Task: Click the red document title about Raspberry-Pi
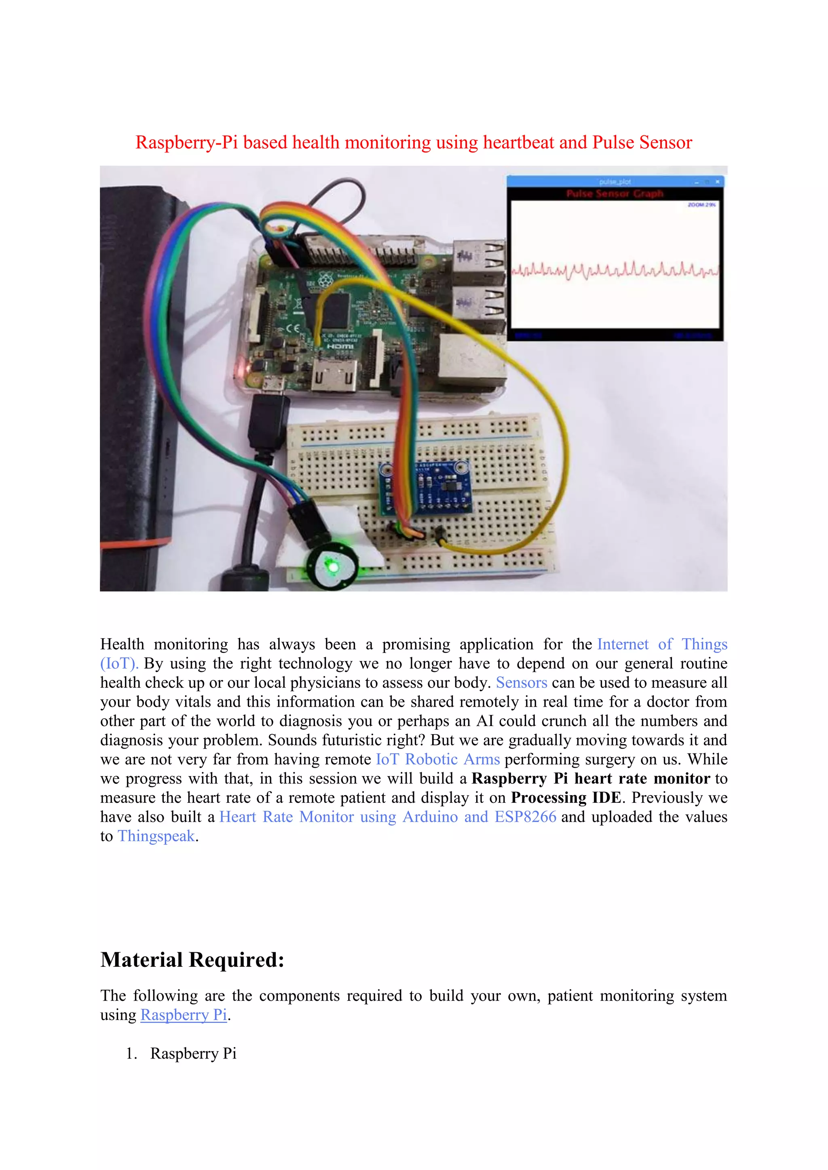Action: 414,143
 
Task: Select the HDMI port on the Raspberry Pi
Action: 334,377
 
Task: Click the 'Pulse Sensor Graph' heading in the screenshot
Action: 615,194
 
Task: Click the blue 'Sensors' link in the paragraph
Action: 521,683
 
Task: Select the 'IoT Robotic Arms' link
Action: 437,759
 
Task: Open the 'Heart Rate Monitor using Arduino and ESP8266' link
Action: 387,817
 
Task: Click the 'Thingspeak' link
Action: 156,836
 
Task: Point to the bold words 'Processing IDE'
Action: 566,798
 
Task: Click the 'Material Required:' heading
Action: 192,960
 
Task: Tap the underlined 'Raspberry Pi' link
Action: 184,1015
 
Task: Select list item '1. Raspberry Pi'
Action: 193,1053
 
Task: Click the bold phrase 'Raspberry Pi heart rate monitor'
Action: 590,779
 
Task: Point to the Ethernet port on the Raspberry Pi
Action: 469,359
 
